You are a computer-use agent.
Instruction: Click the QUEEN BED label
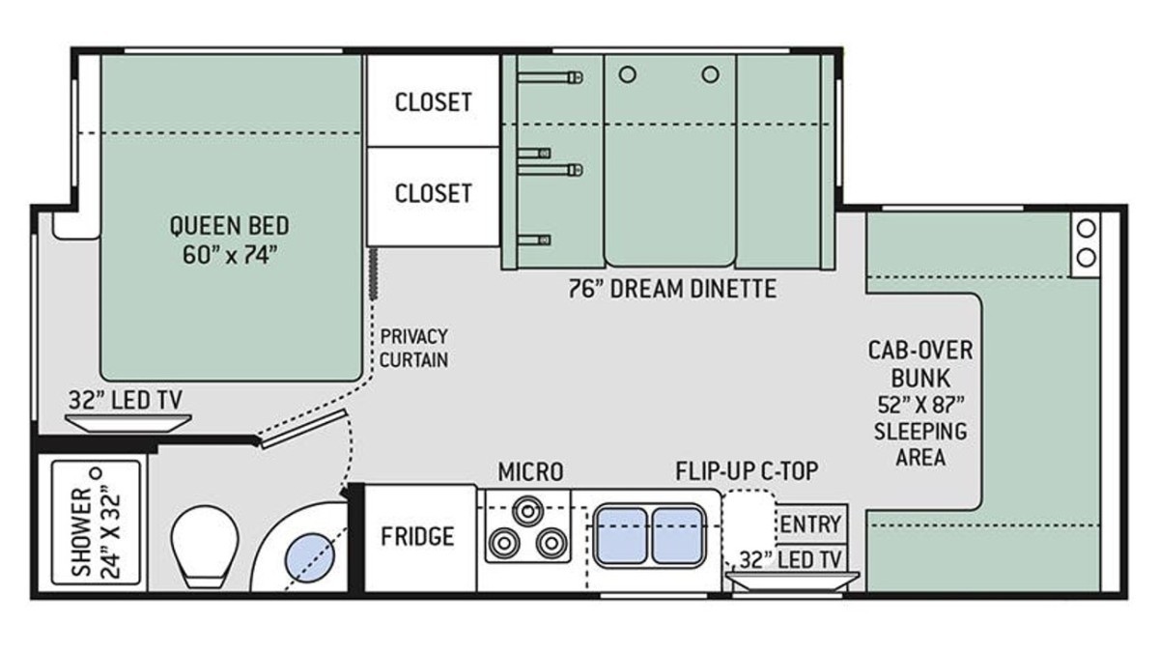point(229,226)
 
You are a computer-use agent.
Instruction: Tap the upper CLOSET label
point(433,102)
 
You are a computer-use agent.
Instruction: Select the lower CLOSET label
point(433,193)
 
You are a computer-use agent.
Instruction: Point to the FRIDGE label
point(417,536)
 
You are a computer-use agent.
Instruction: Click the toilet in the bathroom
point(205,546)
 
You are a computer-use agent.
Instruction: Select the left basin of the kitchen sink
point(621,535)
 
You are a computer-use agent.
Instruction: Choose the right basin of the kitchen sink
point(677,535)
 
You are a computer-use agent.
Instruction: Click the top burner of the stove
point(527,511)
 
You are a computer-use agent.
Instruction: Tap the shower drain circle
point(96,473)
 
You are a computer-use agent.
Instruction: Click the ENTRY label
point(810,524)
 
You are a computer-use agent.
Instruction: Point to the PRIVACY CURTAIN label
point(413,349)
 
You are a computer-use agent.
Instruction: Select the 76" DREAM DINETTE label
point(672,289)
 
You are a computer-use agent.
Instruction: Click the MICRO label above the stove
point(530,471)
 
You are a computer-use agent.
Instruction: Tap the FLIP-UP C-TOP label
point(748,471)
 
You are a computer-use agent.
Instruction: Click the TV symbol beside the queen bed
point(128,423)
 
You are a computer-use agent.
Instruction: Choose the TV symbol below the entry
point(792,581)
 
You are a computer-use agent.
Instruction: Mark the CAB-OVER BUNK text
point(920,364)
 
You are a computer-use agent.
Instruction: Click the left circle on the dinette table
point(627,75)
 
